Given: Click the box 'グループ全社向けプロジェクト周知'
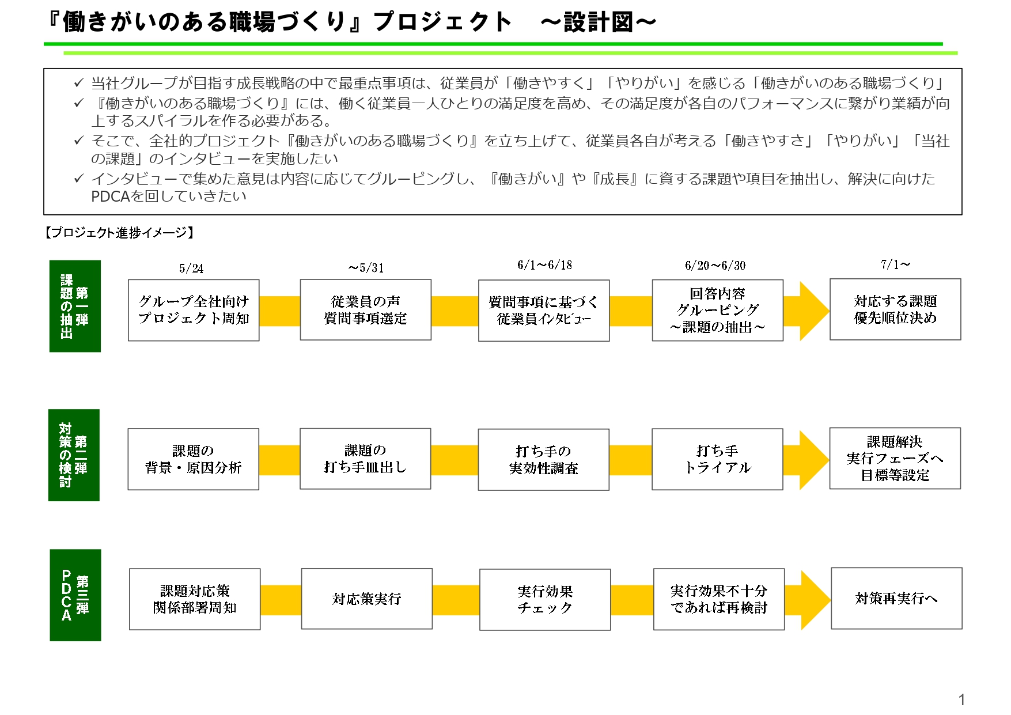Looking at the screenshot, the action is pos(194,310).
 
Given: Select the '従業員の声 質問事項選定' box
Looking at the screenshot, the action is pos(365,310).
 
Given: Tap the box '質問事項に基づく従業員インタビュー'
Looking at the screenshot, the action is pos(544,311).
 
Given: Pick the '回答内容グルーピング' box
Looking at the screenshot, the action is pos(717,310).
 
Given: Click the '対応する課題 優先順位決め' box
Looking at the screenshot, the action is pos(895,309).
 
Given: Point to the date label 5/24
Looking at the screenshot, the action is pos(191,268).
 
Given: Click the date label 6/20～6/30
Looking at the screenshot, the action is pos(715,266).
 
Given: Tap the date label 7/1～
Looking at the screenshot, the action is pos(895,264).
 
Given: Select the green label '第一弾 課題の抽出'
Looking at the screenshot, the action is pos(75,306).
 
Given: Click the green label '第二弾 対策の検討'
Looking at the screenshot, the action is pos(74,455).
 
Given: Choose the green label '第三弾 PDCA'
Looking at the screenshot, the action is pos(75,595).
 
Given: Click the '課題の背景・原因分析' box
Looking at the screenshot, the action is pos(193,459).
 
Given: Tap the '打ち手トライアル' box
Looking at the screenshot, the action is pos(717,459).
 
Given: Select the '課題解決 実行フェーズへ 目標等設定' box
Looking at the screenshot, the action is pos(895,459).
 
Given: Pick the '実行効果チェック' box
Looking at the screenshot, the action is pos(545,600).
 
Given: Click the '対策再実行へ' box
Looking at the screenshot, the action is pos(896,599).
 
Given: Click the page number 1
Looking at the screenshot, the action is pos(961,699).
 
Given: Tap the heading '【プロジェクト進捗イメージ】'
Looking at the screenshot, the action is pos(120,232).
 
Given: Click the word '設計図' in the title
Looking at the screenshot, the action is pos(599,22).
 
